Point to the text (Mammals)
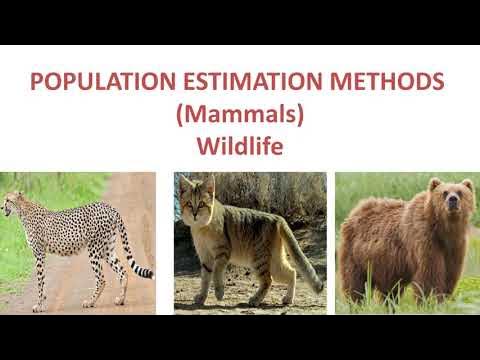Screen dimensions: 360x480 (240, 114)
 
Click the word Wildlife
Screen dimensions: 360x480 (240, 146)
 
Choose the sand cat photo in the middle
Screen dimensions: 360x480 (250, 242)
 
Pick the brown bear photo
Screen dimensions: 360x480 (405, 242)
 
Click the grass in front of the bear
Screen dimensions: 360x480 (400, 300)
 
